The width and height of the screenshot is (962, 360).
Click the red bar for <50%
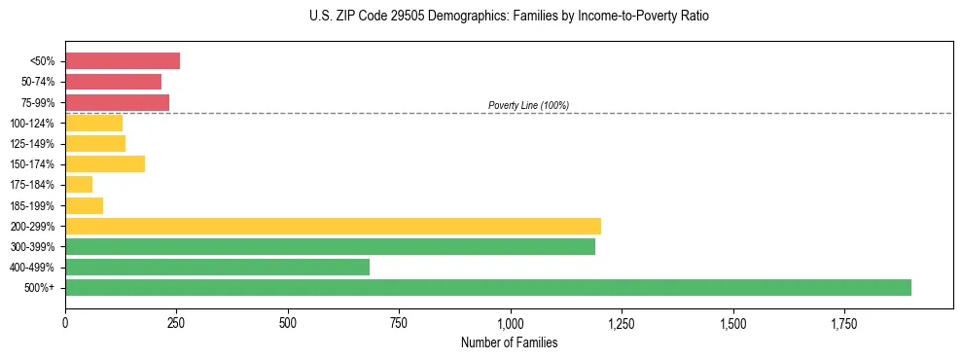[x=123, y=61]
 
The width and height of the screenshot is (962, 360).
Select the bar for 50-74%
[x=113, y=82]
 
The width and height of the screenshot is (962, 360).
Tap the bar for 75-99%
[x=117, y=102]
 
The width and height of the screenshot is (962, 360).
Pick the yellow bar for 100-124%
[x=93, y=123]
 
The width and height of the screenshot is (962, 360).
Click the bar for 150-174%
[x=105, y=163]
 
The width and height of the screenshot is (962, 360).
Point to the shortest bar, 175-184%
[x=79, y=184]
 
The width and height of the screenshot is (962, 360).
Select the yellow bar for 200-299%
[x=333, y=226]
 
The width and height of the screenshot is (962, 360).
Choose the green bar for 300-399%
[x=330, y=246]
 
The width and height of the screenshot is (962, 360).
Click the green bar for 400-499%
[x=217, y=267]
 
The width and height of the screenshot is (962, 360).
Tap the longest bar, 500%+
[x=487, y=287]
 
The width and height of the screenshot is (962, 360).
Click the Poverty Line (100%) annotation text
[x=528, y=105]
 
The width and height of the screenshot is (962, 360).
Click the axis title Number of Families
[x=509, y=342]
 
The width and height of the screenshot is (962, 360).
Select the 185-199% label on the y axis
[x=33, y=205]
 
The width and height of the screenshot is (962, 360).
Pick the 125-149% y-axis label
[x=33, y=143]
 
